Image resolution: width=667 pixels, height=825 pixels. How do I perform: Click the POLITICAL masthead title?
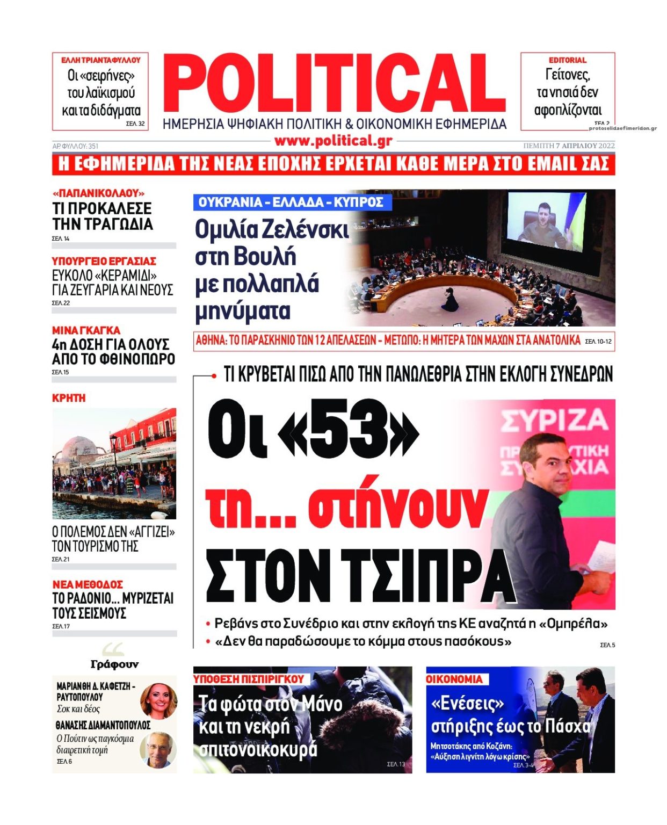coord(334,84)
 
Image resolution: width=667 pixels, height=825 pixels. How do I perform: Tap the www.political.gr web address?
coord(333,141)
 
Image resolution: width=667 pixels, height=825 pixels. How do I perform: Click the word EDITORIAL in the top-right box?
coord(567,60)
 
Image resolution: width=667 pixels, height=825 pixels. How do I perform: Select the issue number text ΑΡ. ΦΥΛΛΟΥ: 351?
coord(75,146)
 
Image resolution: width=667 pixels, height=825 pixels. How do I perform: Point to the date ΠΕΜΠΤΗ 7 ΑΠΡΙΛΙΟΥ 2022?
coord(569,146)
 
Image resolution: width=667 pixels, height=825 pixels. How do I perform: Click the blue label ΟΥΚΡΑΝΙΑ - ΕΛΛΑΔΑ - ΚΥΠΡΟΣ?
coord(291,202)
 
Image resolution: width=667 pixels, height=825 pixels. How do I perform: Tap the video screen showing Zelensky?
coord(545,222)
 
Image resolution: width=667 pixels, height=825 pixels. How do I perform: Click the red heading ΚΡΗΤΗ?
coord(69,398)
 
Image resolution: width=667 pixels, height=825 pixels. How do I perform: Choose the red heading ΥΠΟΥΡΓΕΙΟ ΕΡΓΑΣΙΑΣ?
coord(104,261)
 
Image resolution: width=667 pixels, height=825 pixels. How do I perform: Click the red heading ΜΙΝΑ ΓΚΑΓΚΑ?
coord(86,330)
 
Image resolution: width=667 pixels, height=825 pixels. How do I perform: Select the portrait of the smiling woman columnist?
coord(158,700)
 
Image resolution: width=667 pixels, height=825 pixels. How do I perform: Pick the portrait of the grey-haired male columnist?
coord(158,749)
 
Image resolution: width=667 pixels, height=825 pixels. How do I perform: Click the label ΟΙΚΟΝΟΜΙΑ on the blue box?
coord(454,679)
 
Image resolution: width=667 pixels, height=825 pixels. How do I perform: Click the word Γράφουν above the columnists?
coord(114,664)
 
